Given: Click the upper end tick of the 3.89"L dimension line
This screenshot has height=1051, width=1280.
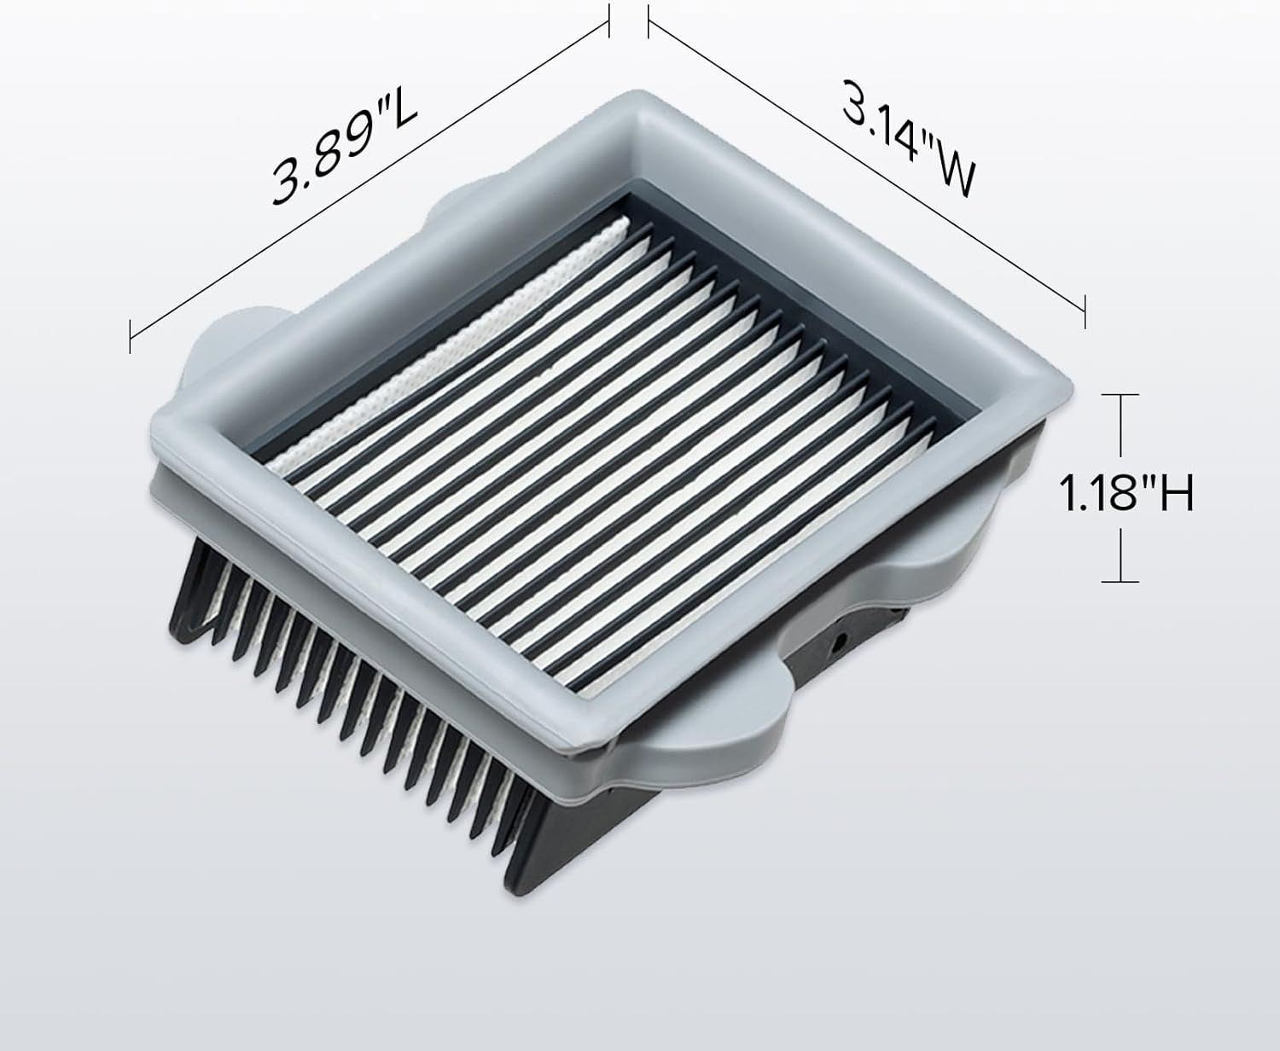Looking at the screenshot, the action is [608, 20].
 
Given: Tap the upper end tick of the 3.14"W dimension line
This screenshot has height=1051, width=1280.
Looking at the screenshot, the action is [649, 20].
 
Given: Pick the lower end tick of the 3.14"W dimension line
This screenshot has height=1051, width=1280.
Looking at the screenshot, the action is [1085, 312].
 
